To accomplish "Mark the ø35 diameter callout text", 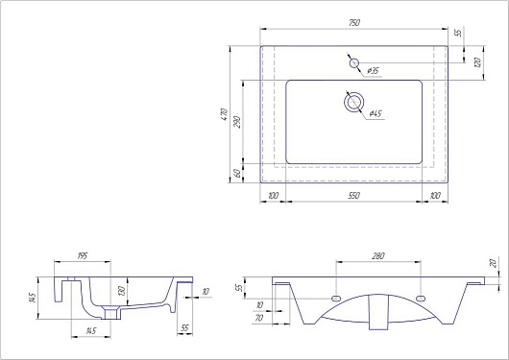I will click(374, 70).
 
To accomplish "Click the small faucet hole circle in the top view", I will click(353, 63).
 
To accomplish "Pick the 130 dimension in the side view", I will click(120, 292).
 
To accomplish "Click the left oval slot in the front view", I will click(336, 298).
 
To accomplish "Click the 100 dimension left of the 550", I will click(274, 195).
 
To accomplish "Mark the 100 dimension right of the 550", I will click(435, 195).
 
